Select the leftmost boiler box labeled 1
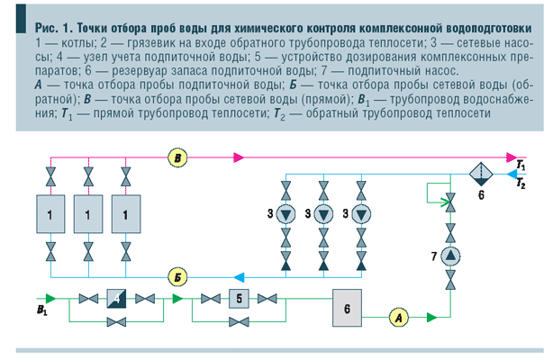point(51,216)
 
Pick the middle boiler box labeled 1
point(88,216)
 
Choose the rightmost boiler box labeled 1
point(125,216)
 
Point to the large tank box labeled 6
point(348,307)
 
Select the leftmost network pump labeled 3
point(286,214)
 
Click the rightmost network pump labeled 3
point(360,214)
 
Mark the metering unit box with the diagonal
point(114,298)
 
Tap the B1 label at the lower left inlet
point(41,309)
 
